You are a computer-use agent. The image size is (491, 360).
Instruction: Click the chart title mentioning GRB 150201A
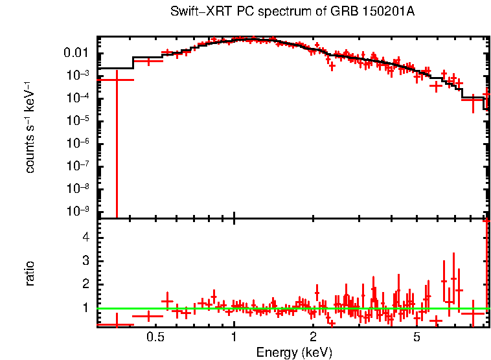(292, 12)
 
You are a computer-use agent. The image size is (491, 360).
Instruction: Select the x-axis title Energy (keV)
(294, 353)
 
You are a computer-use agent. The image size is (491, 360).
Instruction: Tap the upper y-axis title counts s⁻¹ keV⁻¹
(30, 128)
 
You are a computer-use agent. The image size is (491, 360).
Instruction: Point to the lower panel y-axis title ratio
(30, 273)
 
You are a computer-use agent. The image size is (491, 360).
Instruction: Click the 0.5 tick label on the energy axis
(155, 337)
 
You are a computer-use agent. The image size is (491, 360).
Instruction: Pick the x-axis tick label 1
(234, 337)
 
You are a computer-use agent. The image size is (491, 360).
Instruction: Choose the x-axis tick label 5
(417, 337)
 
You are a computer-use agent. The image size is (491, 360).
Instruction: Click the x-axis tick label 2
(313, 337)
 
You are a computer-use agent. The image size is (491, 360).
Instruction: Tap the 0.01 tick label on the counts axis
(76, 52)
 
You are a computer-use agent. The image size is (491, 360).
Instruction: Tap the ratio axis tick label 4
(84, 238)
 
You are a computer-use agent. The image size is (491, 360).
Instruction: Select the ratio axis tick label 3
(84, 261)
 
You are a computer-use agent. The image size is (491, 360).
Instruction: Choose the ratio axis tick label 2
(84, 284)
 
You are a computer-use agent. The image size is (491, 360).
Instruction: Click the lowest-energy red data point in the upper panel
(116, 80)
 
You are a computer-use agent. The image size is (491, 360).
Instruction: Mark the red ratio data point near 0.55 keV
(167, 302)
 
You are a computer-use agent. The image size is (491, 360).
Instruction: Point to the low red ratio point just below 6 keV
(435, 320)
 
